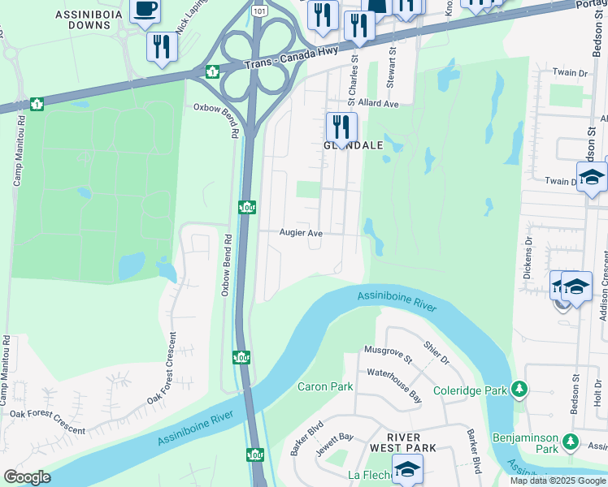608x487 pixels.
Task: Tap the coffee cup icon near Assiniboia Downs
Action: (x=145, y=9)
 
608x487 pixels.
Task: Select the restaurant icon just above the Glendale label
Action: (x=341, y=127)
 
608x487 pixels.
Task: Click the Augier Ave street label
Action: (x=302, y=233)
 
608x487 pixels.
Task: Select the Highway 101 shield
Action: (x=258, y=12)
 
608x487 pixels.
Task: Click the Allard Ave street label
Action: (x=374, y=105)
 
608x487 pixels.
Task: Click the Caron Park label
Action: (x=325, y=386)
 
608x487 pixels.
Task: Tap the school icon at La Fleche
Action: (x=407, y=469)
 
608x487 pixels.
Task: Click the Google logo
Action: (x=28, y=477)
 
